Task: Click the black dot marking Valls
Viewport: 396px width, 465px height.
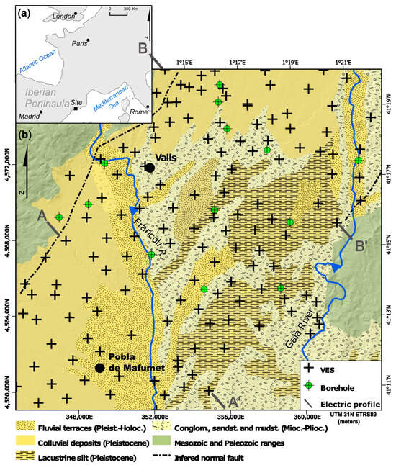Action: click(x=150, y=168)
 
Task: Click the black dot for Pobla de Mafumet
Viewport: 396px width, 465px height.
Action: click(x=99, y=368)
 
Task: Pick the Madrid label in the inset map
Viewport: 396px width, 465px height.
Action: click(x=28, y=115)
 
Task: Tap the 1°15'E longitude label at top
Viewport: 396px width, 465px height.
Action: click(x=184, y=63)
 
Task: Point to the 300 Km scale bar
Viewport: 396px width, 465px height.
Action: click(x=121, y=10)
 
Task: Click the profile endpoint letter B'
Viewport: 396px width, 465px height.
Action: click(x=363, y=245)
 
